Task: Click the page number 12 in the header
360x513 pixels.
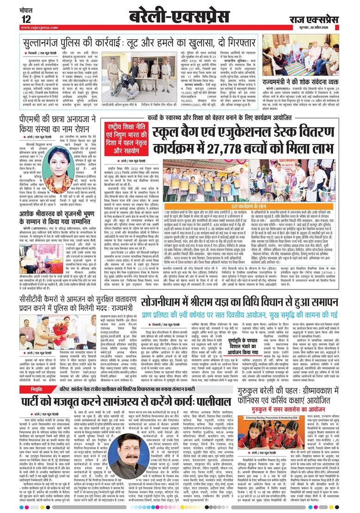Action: pos(25,19)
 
